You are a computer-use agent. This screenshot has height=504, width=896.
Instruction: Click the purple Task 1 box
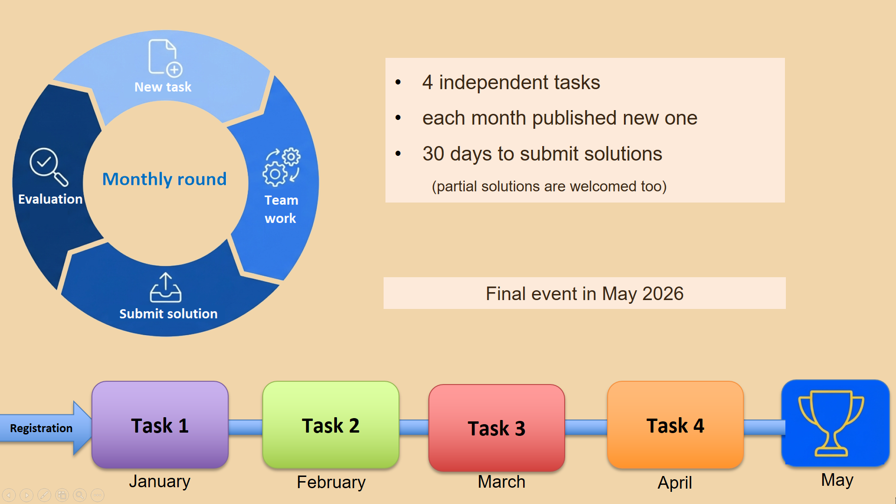160,425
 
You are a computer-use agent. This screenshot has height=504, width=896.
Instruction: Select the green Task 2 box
331,425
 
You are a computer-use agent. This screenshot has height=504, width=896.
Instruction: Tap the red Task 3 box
497,428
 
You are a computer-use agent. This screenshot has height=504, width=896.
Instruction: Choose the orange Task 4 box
675,425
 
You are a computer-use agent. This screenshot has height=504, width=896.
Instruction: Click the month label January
160,481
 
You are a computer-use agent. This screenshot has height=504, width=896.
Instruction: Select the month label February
331,482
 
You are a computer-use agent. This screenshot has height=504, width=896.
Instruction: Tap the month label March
502,482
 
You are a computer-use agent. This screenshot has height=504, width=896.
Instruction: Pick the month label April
675,483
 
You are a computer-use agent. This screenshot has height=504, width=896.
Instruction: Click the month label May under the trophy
837,480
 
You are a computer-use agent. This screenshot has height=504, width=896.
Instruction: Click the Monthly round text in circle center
164,179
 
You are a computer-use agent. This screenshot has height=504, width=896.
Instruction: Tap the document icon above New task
165,57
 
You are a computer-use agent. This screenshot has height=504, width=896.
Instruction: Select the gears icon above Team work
281,167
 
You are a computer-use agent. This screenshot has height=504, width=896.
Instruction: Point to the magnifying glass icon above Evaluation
49,167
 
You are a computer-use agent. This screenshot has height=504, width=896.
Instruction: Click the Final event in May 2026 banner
585,294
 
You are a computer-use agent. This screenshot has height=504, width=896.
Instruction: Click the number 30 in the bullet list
434,154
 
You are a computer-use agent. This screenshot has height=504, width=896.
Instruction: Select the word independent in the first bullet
494,83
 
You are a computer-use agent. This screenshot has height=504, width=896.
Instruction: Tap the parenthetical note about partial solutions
549,186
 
